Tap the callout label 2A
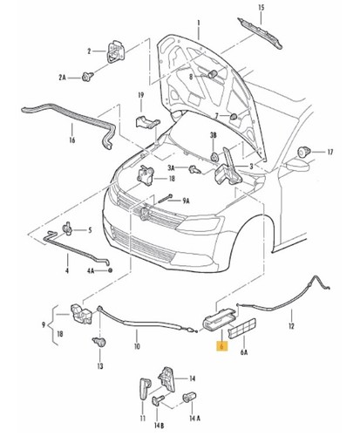[x=62, y=78]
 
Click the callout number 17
[x=330, y=153]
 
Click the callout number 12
[x=292, y=329]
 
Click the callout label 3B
[x=212, y=134]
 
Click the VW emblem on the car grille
[x=143, y=214]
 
